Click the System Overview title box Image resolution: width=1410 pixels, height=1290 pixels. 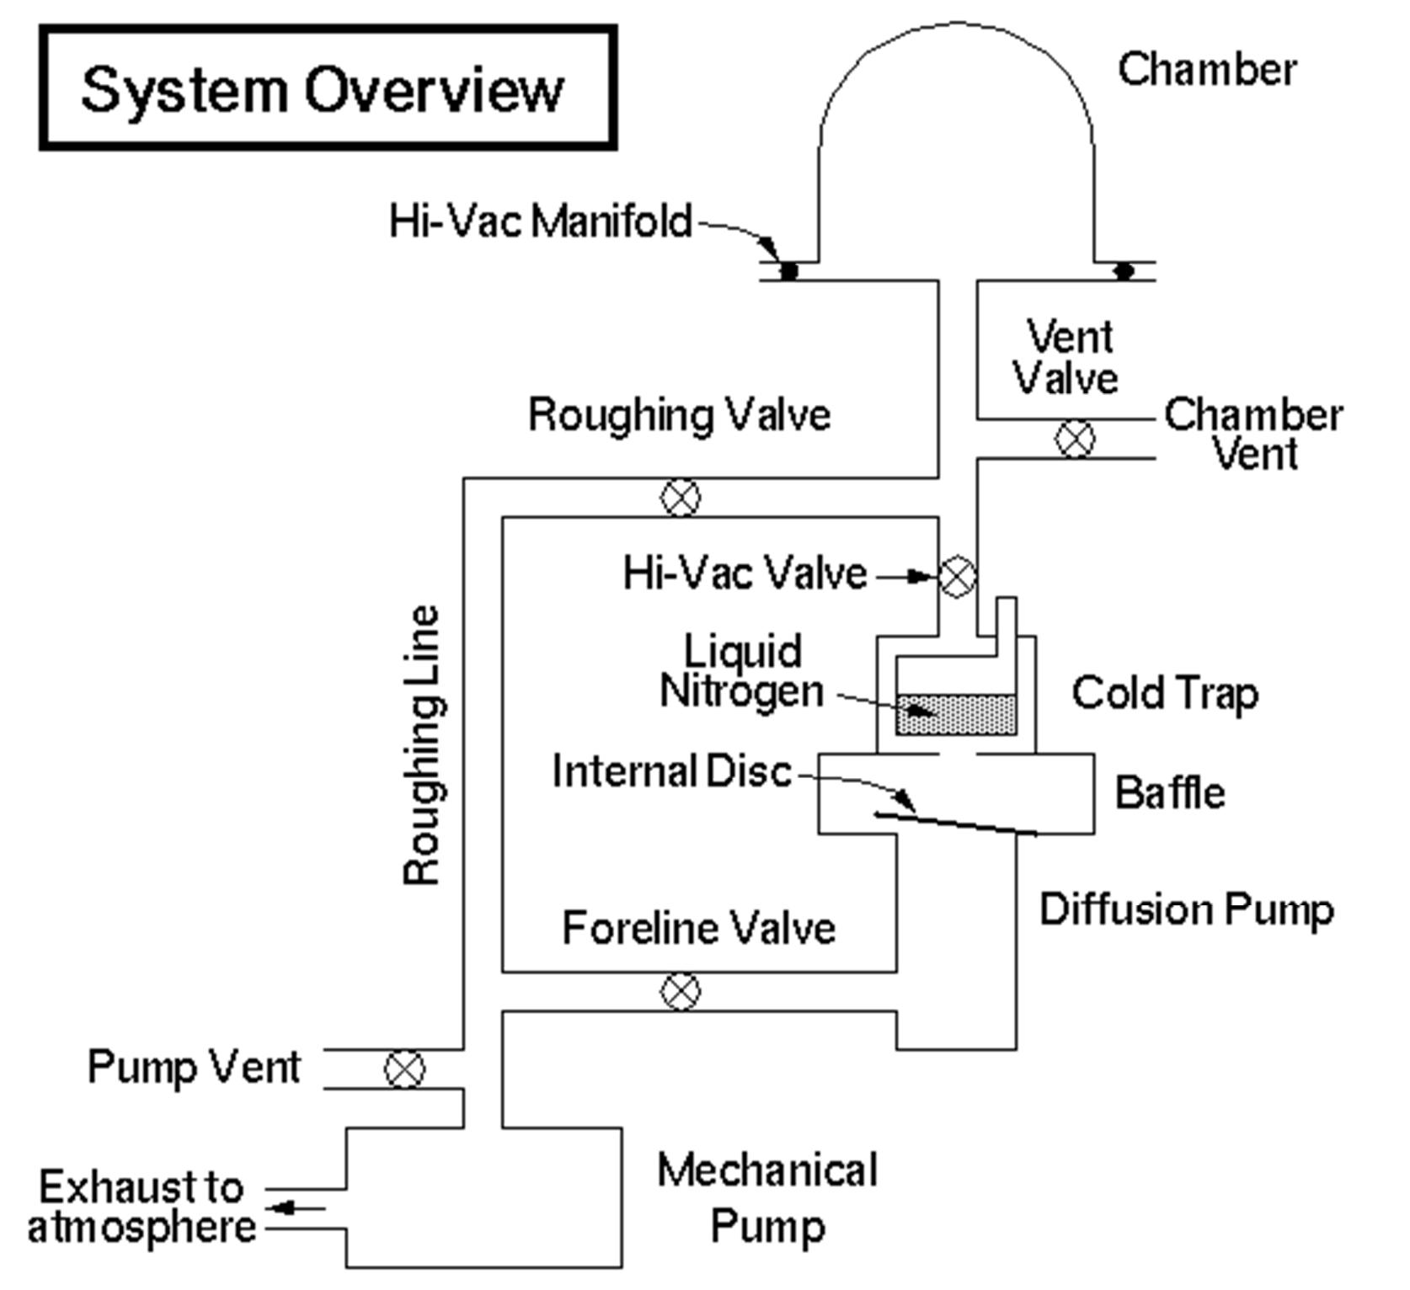click(x=328, y=88)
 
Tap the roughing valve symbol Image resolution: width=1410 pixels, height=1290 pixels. click(x=680, y=497)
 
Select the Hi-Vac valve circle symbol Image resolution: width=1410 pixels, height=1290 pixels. click(x=957, y=577)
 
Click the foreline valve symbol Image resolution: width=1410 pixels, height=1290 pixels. click(x=680, y=991)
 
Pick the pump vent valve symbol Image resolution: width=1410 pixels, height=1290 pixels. click(x=404, y=1069)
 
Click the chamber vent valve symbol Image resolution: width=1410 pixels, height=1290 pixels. click(x=1076, y=438)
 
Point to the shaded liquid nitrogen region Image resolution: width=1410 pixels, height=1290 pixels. click(x=956, y=715)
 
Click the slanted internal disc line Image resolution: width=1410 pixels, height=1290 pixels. click(x=956, y=824)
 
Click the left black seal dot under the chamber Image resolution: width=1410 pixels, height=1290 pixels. click(x=788, y=271)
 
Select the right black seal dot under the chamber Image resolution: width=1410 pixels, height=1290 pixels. click(x=1124, y=271)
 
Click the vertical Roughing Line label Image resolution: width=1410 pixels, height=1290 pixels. click(x=422, y=745)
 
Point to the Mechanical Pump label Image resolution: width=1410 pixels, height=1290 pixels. click(x=766, y=1197)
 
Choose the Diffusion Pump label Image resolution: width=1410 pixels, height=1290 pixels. click(x=1186, y=909)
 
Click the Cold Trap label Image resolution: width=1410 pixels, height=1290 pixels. click(x=1165, y=692)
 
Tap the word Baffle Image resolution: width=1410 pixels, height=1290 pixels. click(x=1169, y=792)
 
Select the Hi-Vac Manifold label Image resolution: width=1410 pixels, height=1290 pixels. click(x=539, y=221)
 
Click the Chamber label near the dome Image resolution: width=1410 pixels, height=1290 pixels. click(x=1206, y=69)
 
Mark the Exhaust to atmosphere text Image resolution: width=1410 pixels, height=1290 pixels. click(x=142, y=1207)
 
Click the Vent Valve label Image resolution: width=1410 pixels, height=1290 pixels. click(x=1066, y=357)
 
